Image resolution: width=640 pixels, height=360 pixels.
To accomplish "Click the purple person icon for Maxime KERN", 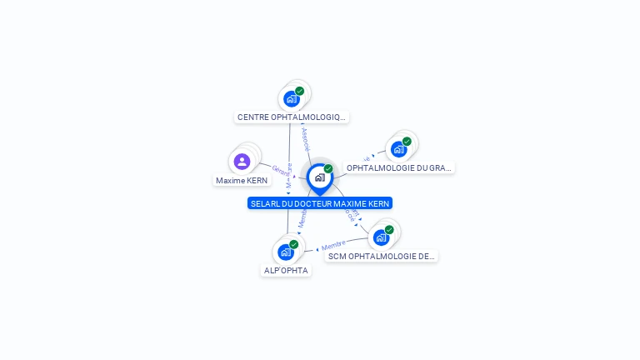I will tap(242, 161).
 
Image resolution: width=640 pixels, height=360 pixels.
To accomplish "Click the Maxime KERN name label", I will tap(242, 180).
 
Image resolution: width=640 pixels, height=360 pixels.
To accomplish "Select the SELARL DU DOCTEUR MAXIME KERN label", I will tap(320, 203).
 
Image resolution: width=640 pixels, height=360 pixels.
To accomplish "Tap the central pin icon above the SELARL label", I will tap(319, 177).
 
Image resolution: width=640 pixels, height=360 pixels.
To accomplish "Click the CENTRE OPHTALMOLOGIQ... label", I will tap(291, 117).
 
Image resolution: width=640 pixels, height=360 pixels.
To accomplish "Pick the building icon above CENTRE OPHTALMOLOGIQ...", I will tap(291, 98).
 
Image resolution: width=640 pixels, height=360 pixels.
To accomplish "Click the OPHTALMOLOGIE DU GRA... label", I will tap(399, 167).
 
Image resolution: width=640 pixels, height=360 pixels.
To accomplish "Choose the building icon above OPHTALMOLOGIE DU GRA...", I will tap(398, 149).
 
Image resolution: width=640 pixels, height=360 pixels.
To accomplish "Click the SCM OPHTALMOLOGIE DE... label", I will tap(381, 256).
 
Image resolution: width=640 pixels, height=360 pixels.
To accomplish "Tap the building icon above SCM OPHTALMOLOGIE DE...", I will tap(381, 237).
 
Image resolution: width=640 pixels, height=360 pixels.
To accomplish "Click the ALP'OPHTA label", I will tap(286, 270).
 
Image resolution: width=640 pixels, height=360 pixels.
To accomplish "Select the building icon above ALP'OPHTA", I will tap(286, 252).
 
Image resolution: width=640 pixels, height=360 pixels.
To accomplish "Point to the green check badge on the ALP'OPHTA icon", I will tap(294, 244).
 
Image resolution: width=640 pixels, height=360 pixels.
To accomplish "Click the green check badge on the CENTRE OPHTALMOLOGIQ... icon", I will tap(299, 91).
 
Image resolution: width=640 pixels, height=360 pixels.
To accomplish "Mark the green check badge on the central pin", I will tap(328, 168).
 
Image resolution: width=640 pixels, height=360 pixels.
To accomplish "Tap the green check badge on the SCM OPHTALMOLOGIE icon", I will tap(389, 230).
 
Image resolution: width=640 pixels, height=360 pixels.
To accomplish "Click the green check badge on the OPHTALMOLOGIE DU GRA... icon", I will tap(407, 142).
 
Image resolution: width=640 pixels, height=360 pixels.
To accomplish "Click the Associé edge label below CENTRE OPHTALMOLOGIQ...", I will tap(305, 138).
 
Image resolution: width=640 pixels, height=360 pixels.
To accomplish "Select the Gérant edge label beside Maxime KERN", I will tap(281, 169).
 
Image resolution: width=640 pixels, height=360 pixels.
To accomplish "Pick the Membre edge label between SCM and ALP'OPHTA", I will tap(333, 245).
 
